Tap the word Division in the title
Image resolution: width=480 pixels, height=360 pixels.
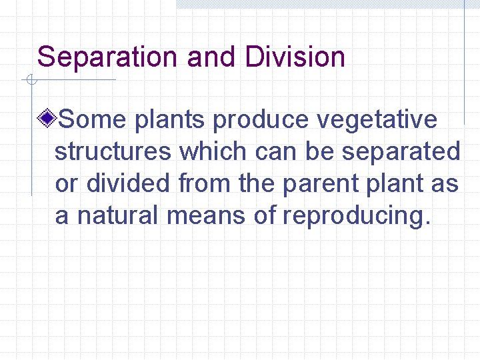pos(295,57)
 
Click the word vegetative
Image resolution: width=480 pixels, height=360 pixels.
pos(377,120)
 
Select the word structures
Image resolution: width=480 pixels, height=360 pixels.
pos(113,152)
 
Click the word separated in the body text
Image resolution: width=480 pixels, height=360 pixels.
pos(401,152)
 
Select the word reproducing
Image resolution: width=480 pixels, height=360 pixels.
pos(353,217)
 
